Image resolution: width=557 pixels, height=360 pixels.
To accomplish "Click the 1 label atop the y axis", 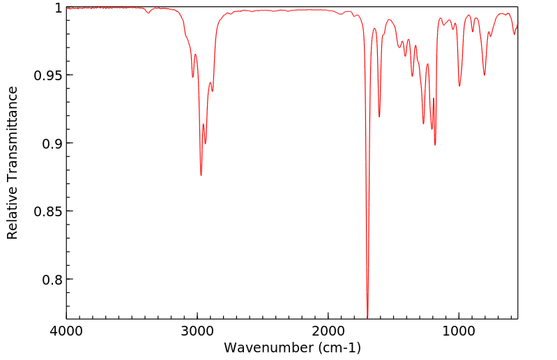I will click(x=58, y=8).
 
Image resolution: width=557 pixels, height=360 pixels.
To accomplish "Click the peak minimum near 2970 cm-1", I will click(x=201, y=175).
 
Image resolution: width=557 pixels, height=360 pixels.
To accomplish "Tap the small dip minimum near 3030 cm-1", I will click(x=193, y=77).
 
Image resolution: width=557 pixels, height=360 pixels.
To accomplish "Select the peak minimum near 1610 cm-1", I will click(x=379, y=117).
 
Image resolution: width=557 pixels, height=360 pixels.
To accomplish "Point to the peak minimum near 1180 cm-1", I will click(x=435, y=144).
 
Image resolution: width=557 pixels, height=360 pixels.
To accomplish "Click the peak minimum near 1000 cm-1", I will click(x=459, y=86).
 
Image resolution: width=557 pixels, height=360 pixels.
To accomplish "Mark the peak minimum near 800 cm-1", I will click(x=484, y=75).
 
